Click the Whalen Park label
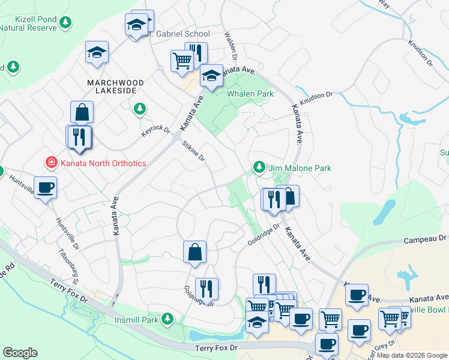250,94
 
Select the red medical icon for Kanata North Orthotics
52,163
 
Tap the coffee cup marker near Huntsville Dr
46,188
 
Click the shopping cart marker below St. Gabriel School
182,59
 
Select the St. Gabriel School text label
178,34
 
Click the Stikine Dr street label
194,150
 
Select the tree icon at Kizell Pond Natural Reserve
65,23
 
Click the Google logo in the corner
20,352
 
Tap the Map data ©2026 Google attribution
412,355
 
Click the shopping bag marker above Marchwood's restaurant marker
82,112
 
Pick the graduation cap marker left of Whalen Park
211,76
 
